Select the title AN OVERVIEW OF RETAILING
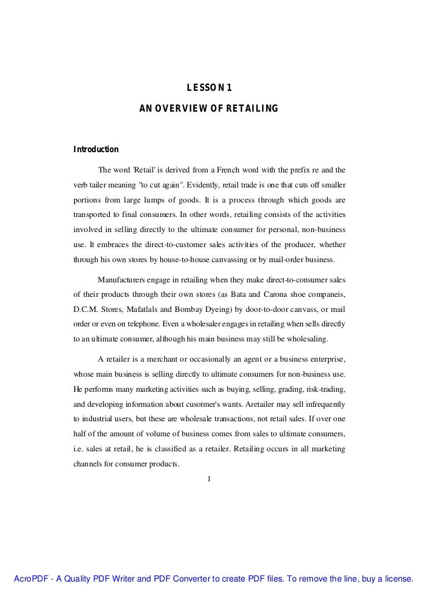pyautogui.click(x=209, y=108)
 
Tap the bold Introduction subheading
pyautogui.click(x=95, y=150)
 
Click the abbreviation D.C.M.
pyautogui.click(x=85, y=310)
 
